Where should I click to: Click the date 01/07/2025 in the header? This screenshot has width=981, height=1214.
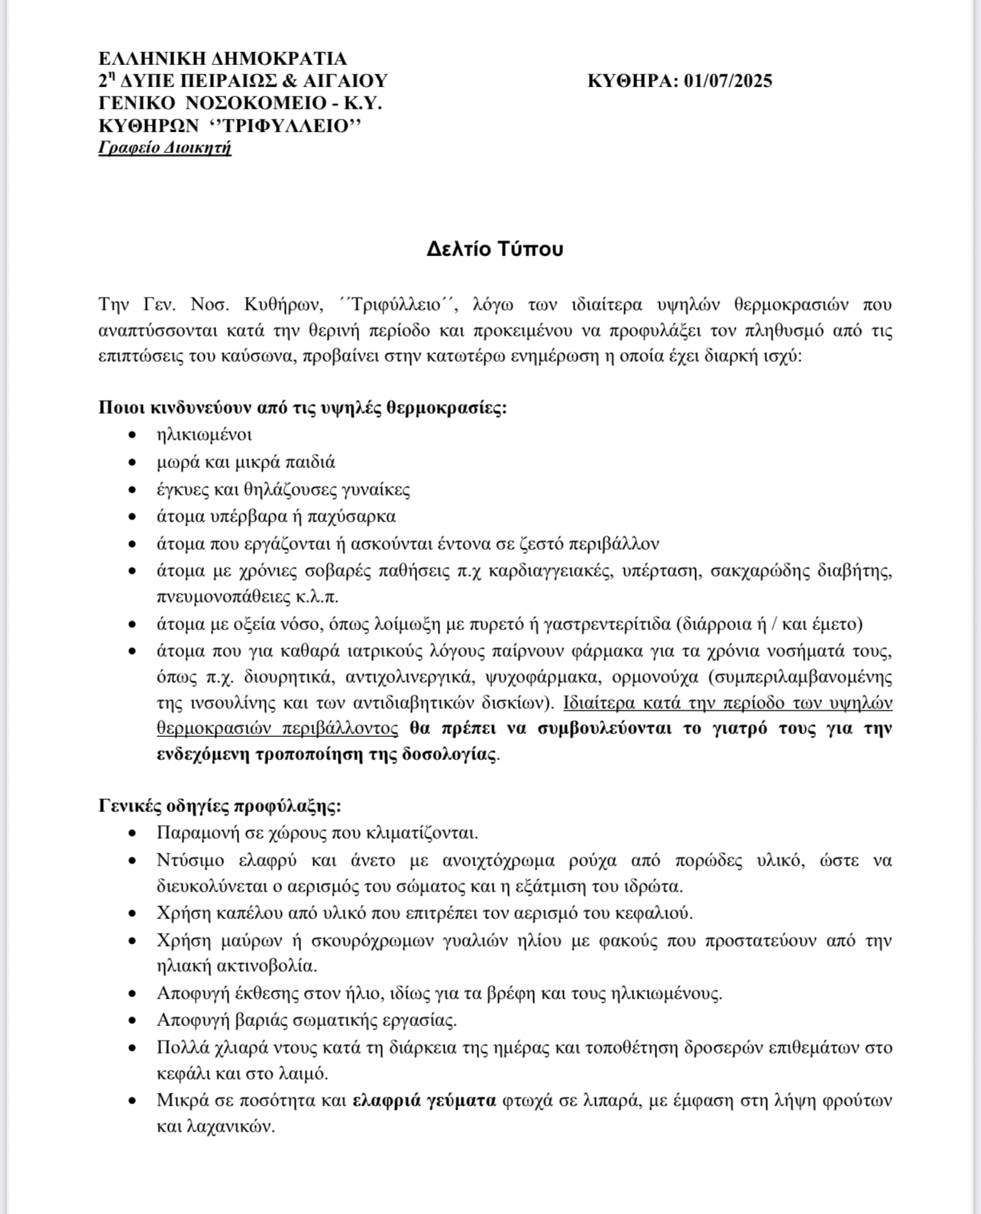coord(728,81)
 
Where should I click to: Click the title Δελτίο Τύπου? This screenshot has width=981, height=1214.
coord(494,249)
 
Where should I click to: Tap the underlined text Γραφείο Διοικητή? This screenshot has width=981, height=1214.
coord(164,148)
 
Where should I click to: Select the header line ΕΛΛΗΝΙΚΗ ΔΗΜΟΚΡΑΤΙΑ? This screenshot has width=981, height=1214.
coord(222,59)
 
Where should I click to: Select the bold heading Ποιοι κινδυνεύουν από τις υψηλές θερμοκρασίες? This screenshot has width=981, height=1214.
coord(303,407)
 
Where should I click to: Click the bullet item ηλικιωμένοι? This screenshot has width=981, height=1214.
coord(204,434)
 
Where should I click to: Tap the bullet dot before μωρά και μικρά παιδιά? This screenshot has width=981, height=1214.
coord(134,463)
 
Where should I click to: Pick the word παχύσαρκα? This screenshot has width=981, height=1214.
coord(358,516)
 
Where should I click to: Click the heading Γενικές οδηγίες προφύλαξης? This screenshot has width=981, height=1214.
coord(220,806)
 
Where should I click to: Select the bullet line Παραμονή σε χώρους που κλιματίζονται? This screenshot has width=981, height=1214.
coord(317,833)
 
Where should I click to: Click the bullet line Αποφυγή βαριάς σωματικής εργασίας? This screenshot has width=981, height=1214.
coord(306,1020)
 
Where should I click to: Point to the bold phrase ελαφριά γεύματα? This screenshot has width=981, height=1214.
coord(424,1100)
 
